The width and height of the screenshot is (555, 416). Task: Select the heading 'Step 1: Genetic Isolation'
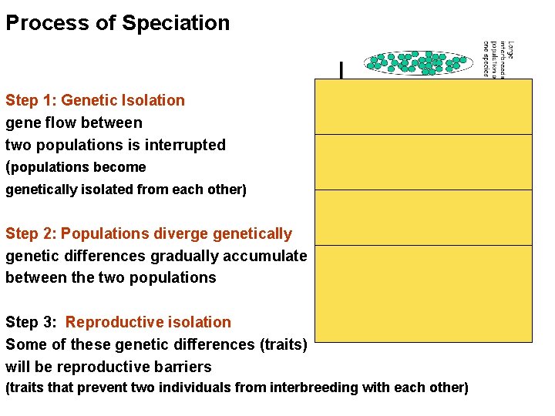click(95, 100)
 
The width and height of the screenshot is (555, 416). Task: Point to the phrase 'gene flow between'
click(74, 122)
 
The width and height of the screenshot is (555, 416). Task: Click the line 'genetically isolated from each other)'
click(126, 190)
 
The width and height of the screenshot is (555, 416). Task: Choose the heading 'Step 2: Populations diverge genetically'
click(149, 233)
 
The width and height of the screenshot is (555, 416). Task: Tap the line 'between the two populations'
click(111, 277)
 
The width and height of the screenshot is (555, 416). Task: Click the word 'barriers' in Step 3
click(181, 367)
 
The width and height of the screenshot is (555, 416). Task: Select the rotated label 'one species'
click(486, 59)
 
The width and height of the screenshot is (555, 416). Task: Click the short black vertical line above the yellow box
click(341, 71)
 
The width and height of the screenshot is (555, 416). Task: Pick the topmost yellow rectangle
click(423, 106)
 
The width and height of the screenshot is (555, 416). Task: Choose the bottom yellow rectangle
click(423, 294)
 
